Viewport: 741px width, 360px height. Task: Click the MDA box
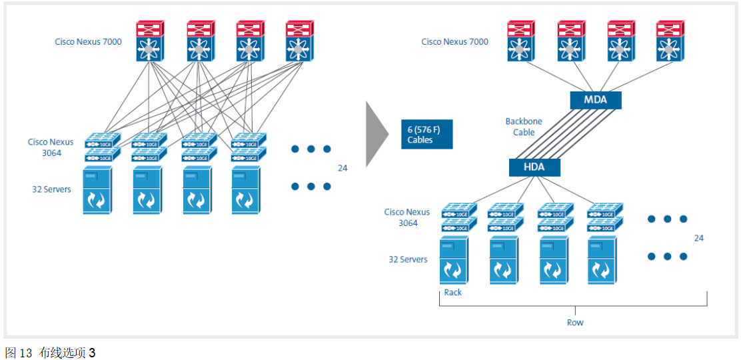tap(596, 101)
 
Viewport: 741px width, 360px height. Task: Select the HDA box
tap(534, 167)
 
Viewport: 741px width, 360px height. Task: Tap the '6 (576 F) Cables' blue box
tap(427, 135)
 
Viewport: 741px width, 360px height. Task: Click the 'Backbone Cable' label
tap(524, 127)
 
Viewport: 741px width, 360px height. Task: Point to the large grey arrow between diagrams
tap(377, 133)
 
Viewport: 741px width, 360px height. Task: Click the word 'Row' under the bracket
tap(575, 323)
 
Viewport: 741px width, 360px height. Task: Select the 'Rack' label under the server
tap(452, 293)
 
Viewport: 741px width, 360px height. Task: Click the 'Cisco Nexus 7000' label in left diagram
tap(88, 42)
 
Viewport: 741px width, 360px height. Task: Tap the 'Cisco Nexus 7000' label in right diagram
tap(454, 42)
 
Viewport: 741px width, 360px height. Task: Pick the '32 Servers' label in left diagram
tap(51, 189)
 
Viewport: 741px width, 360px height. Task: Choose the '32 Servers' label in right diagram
tap(408, 259)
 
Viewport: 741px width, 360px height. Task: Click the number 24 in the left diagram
tap(342, 168)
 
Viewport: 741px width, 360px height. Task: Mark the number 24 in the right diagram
tap(698, 238)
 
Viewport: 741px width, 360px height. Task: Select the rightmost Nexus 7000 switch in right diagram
tap(670, 42)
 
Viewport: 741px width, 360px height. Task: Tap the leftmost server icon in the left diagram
tap(97, 191)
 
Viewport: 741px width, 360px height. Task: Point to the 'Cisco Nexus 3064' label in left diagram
tap(51, 147)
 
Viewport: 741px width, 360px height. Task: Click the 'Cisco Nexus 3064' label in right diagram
tap(407, 217)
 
